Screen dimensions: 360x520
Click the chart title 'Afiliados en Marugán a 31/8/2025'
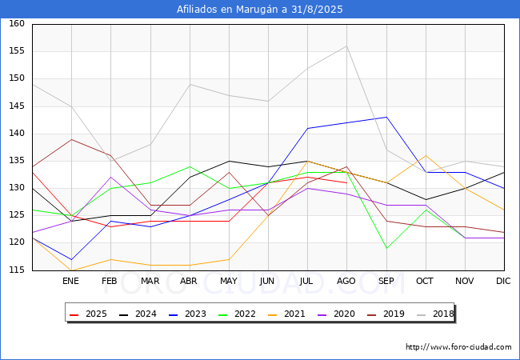pos(260,10)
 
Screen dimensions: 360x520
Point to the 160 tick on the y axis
pos(16,24)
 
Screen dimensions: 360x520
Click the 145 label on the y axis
pos(16,106)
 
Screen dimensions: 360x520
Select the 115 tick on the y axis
pos(16,270)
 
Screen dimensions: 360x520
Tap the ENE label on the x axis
pos(70,282)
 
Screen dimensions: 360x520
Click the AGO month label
pos(346,282)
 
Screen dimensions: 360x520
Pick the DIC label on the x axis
pos(503,282)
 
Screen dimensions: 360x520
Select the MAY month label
pos(229,282)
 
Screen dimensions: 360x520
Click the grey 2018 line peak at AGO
pos(346,46)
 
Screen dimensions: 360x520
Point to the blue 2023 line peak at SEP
pos(386,118)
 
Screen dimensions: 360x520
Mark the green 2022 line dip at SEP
pos(386,248)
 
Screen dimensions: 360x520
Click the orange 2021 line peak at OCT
pos(426,155)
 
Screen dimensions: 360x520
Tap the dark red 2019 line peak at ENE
pos(71,139)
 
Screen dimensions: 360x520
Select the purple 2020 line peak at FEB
pos(110,178)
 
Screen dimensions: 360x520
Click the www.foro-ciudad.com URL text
pos(458,347)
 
